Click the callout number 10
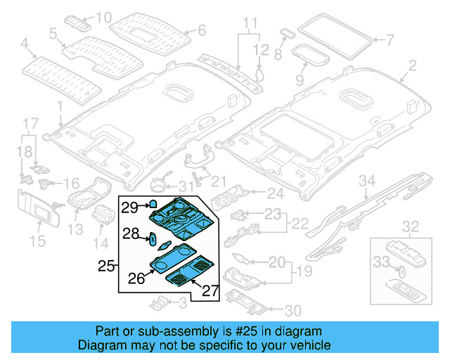104,17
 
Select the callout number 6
200,30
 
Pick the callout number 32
410,226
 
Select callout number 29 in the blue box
128,207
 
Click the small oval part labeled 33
402,270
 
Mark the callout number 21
219,181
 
